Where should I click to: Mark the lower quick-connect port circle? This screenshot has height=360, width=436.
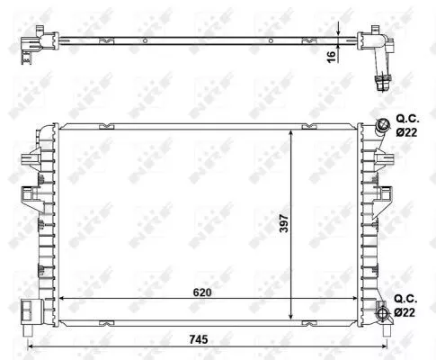coord(384,313)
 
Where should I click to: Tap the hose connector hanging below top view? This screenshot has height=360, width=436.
coord(381,81)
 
